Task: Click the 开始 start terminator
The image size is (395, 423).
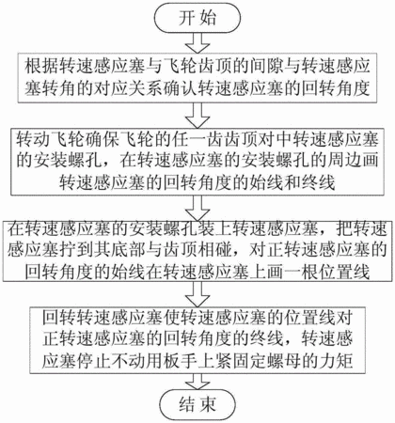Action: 197,18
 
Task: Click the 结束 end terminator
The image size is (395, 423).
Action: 197,405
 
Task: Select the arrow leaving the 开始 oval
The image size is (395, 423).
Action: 197,42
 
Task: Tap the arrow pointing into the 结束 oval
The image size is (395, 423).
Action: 197,382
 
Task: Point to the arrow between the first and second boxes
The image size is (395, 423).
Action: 197,115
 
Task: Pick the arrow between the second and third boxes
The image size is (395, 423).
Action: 197,208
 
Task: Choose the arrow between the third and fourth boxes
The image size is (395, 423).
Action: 197,294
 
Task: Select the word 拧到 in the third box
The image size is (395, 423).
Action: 75,250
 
